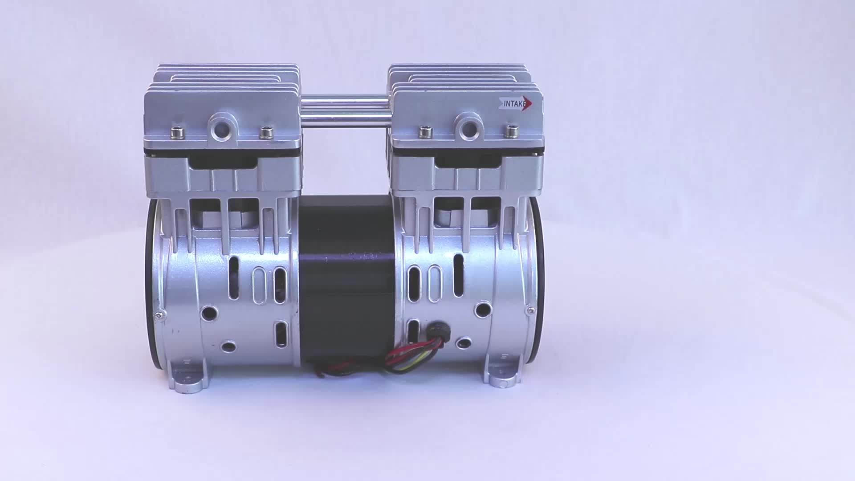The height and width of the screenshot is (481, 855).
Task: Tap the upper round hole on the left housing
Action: [207, 313]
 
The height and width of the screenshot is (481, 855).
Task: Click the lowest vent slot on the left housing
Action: [281, 334]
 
